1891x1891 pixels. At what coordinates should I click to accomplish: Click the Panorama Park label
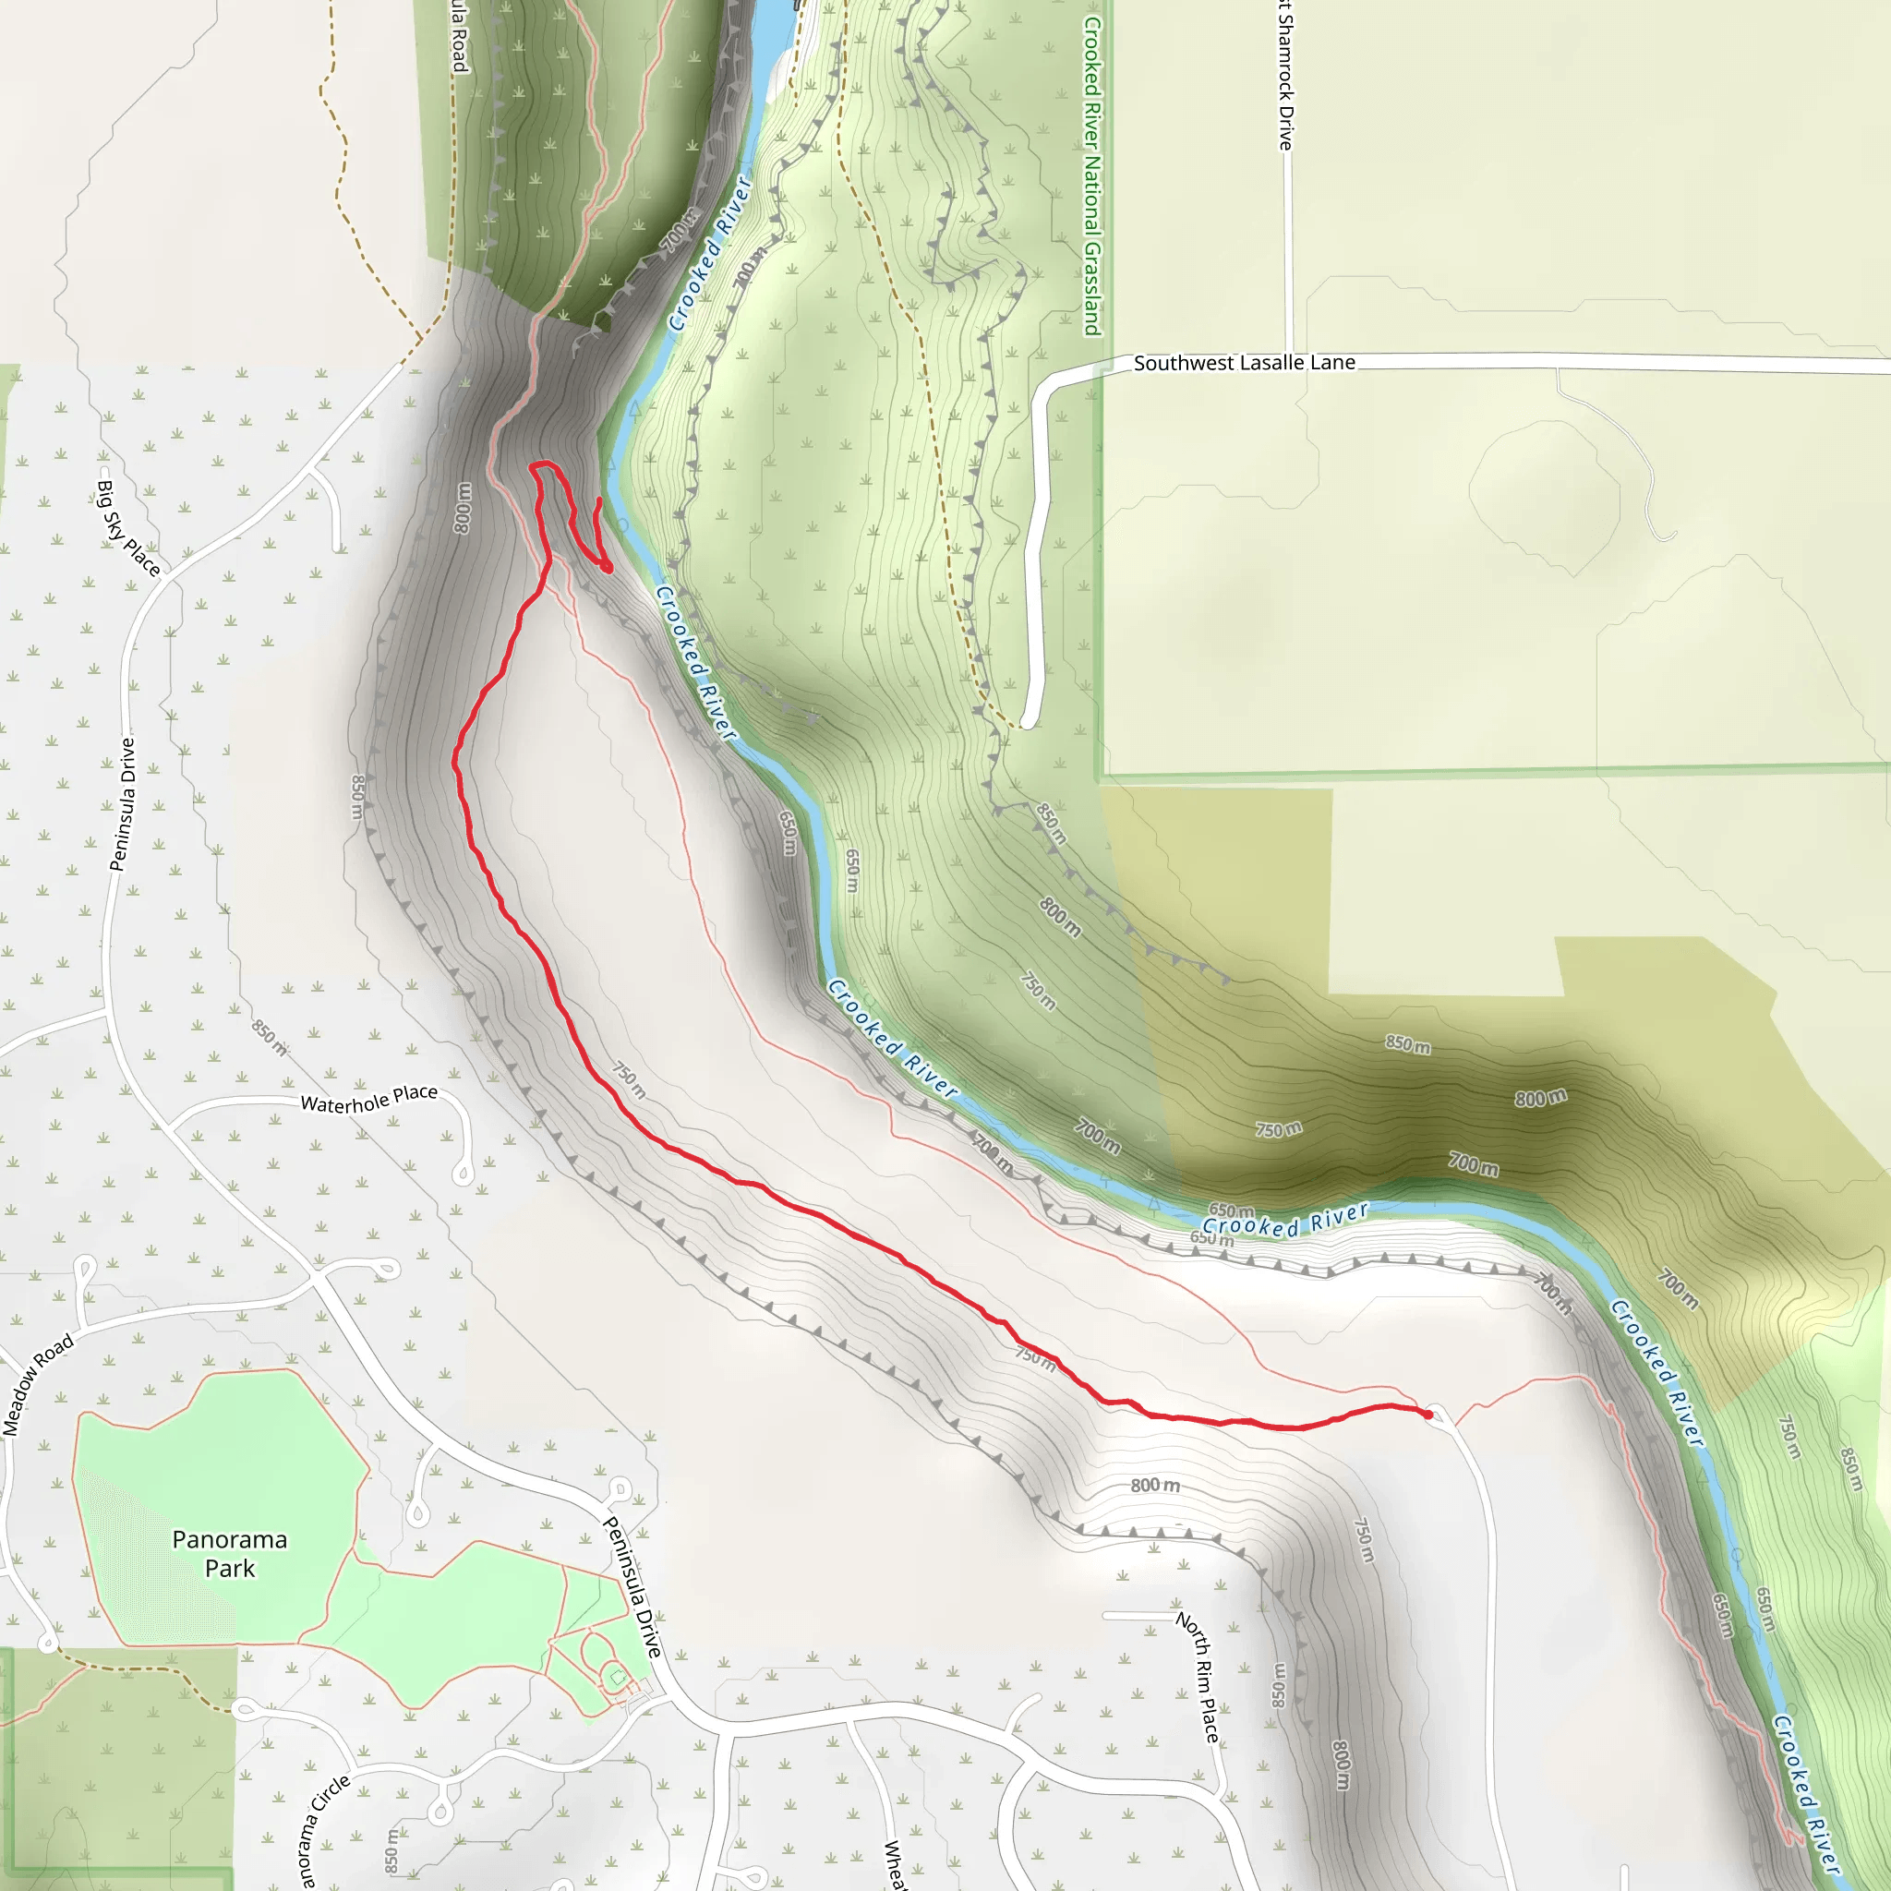(230, 1553)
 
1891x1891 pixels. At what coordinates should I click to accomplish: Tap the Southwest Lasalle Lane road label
(1244, 363)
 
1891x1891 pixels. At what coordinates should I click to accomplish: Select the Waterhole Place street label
(369, 1098)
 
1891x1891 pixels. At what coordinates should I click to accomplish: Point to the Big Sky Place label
(128, 527)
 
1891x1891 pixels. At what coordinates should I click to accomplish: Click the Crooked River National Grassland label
(1092, 176)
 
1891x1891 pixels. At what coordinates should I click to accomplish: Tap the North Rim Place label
(1199, 1677)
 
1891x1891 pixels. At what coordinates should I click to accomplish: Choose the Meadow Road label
(37, 1385)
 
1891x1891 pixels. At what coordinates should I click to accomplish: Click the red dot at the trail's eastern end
(1428, 1415)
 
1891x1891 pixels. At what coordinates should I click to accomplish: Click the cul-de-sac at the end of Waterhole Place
(464, 1174)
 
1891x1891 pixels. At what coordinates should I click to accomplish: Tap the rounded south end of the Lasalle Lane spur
(1028, 723)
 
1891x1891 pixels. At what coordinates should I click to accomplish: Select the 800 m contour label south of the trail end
(1155, 1486)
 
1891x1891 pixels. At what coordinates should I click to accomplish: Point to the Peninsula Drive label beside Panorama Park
(633, 1586)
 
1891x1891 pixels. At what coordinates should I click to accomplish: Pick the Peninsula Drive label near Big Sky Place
(124, 803)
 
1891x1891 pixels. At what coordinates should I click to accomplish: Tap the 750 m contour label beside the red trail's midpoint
(630, 1080)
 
